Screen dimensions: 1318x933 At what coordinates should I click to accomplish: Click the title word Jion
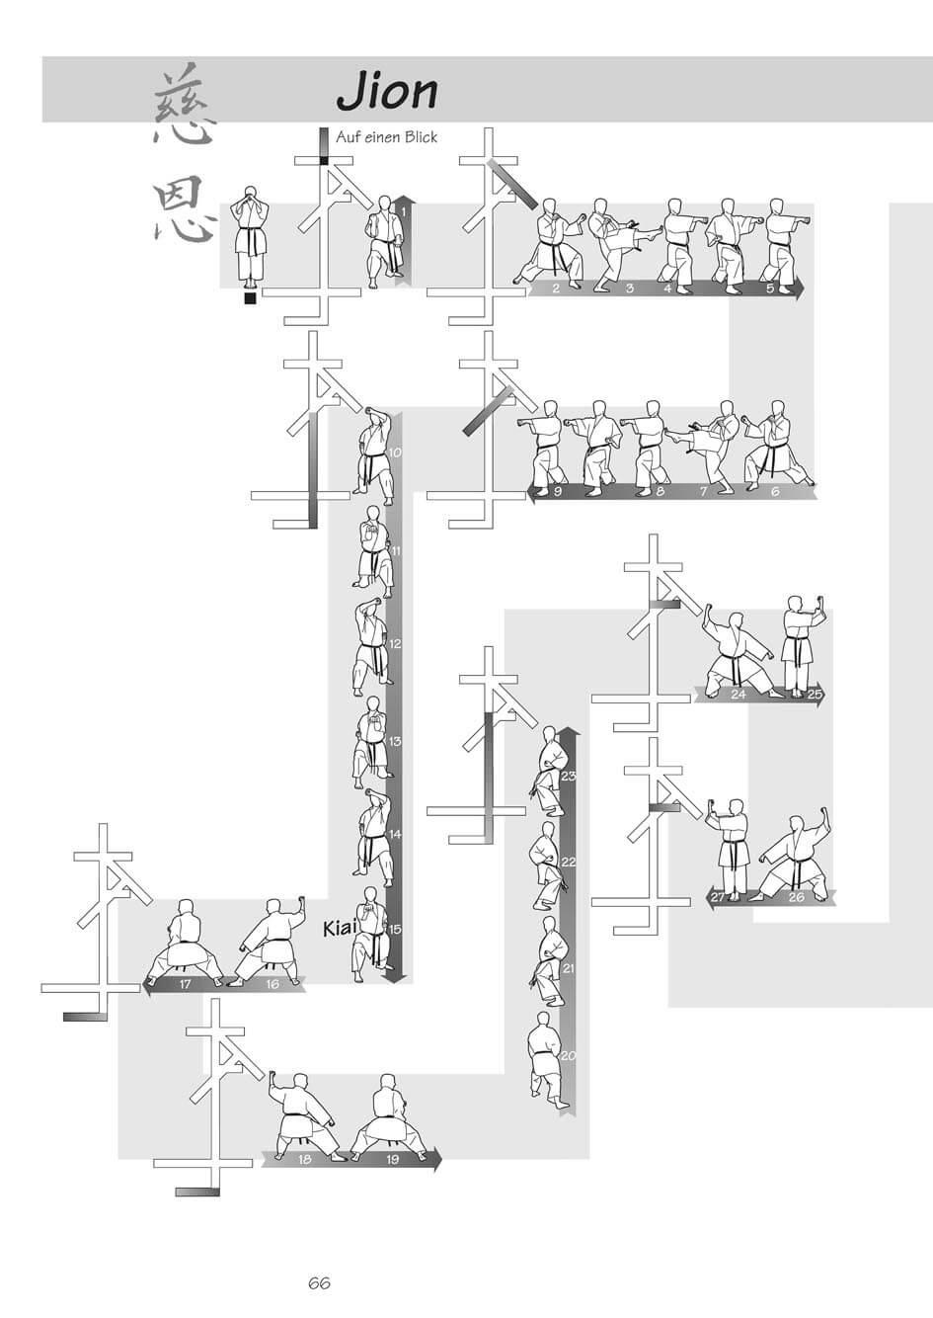(x=387, y=91)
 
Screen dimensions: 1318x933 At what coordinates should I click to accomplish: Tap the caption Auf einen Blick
(x=386, y=137)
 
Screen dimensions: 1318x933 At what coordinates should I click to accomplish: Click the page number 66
(x=318, y=1283)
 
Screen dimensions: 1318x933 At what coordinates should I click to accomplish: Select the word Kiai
(x=339, y=929)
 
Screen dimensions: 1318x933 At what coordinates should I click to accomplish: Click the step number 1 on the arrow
(x=403, y=209)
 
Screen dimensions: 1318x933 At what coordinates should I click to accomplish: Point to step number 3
(x=630, y=288)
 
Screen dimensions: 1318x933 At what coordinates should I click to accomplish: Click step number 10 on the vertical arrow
(x=394, y=453)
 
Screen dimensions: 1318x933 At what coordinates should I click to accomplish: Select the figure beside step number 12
(x=370, y=642)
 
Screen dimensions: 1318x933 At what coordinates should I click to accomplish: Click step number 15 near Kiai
(x=394, y=929)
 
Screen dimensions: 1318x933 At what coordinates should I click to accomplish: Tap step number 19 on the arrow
(x=392, y=1159)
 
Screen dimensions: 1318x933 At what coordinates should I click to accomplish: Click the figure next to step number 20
(x=542, y=1056)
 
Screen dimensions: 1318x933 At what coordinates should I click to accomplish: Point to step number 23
(x=568, y=776)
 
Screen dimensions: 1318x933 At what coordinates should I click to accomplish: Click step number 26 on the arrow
(x=796, y=897)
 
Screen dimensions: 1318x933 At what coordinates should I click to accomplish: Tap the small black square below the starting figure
(x=250, y=298)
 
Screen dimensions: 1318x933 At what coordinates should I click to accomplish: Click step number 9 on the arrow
(x=558, y=491)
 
